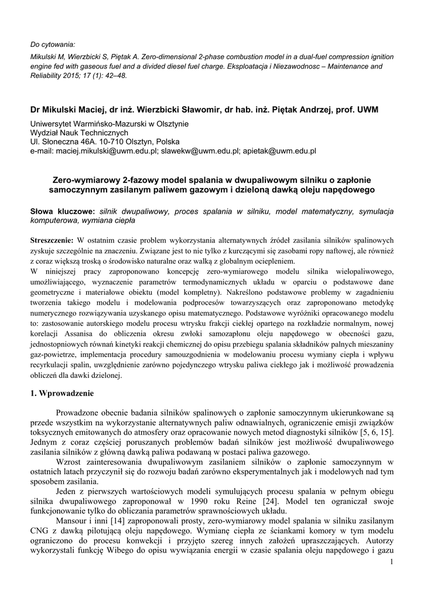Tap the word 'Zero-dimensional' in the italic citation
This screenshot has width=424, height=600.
(182, 56)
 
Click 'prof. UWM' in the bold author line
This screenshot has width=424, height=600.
(358, 110)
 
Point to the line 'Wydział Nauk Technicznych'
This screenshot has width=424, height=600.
(79, 133)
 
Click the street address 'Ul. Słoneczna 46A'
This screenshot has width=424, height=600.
(64, 142)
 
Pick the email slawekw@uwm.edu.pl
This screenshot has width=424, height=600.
(201, 151)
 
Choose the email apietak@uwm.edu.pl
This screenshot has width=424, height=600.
(279, 151)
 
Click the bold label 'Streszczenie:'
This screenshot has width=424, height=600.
(52, 240)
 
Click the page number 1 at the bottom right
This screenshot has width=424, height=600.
(391, 563)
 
